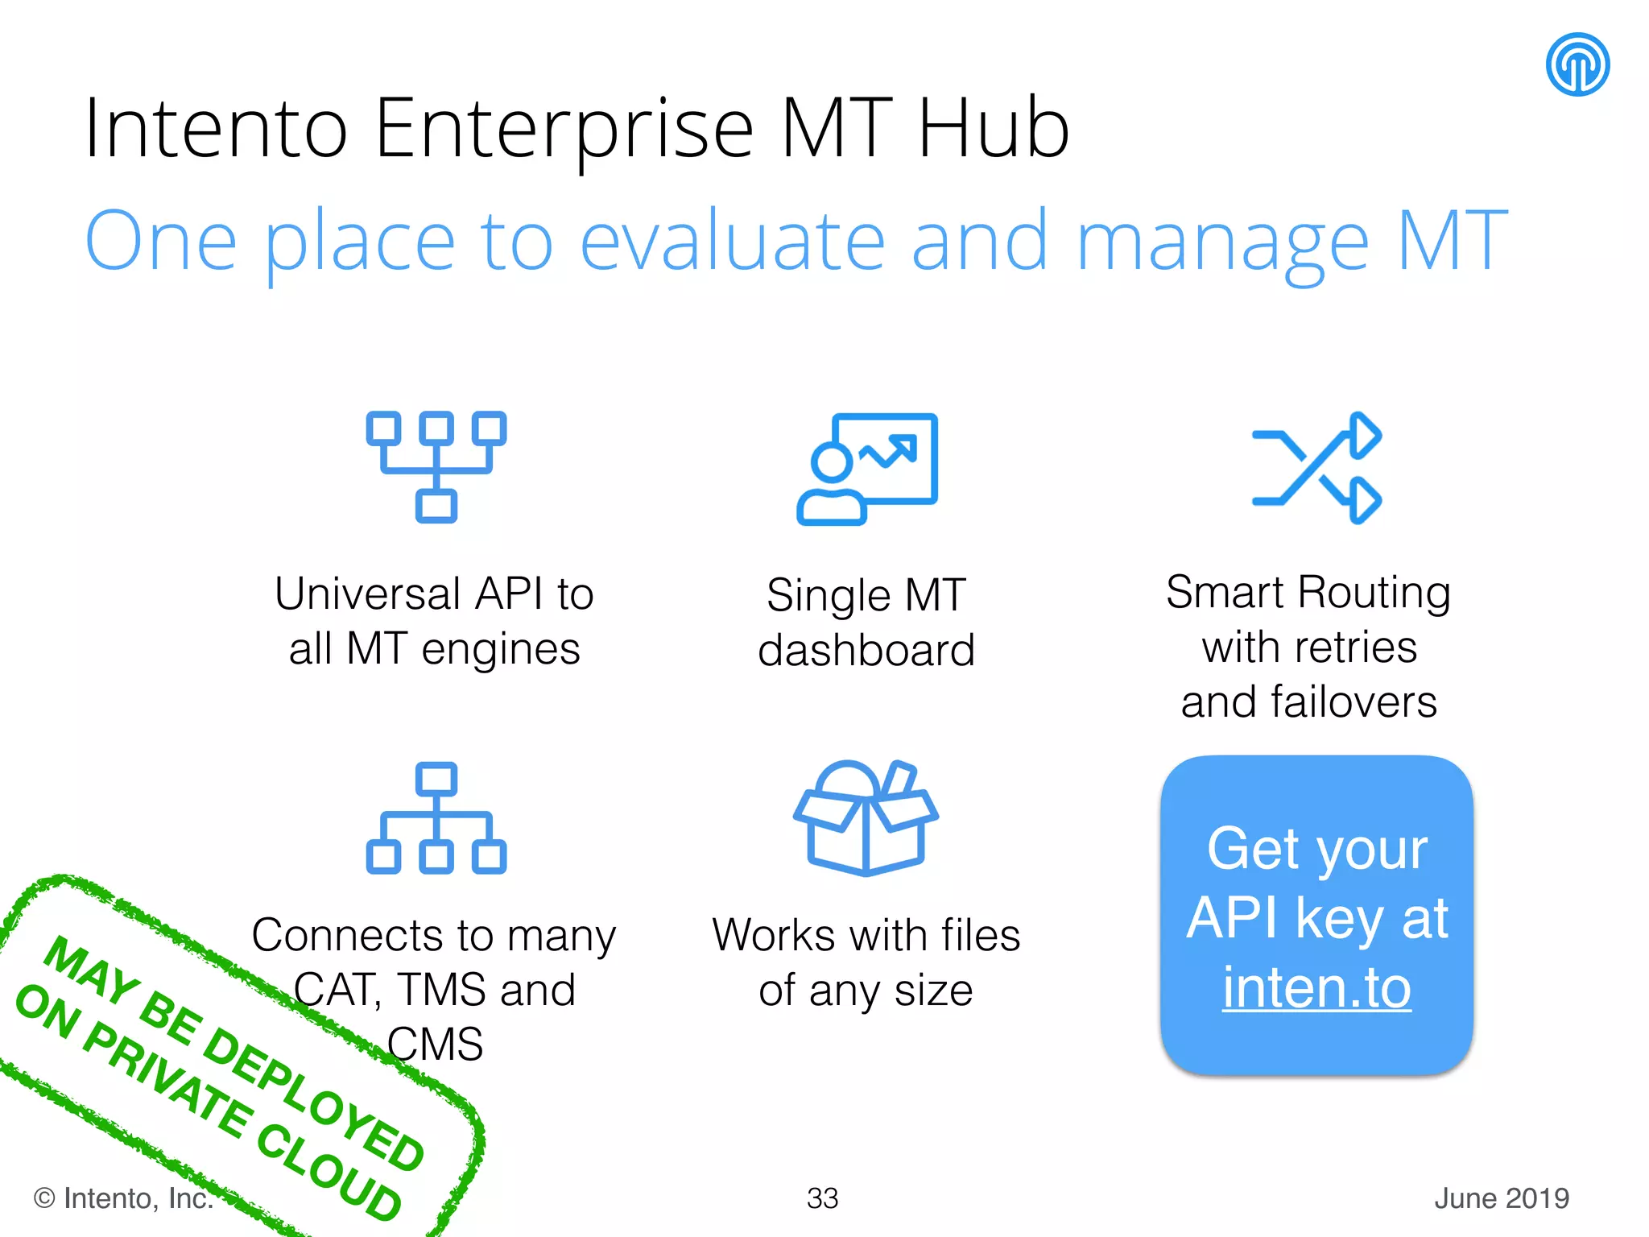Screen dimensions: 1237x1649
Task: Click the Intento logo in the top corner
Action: click(1577, 64)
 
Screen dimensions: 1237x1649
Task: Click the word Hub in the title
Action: click(993, 129)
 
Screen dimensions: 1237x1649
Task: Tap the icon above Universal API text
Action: click(436, 466)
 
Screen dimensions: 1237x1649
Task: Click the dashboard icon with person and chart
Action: click(867, 468)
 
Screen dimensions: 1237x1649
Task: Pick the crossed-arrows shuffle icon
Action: click(1316, 468)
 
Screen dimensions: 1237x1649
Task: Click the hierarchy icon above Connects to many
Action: click(436, 817)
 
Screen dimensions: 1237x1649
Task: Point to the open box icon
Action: click(866, 817)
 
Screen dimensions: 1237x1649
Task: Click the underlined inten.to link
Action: click(1316, 987)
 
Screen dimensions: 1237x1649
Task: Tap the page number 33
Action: click(822, 1198)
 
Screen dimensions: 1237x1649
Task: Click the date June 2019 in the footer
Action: click(1502, 1198)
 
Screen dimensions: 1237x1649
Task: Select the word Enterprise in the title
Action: click(564, 129)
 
